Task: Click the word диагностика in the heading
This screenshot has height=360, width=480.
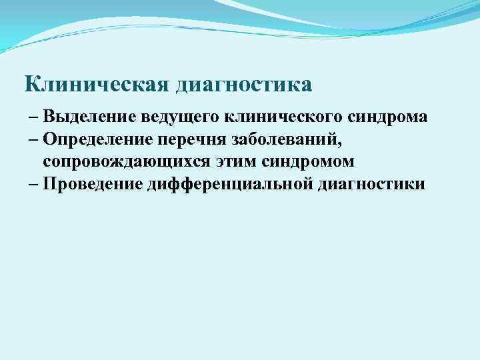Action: (x=244, y=85)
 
